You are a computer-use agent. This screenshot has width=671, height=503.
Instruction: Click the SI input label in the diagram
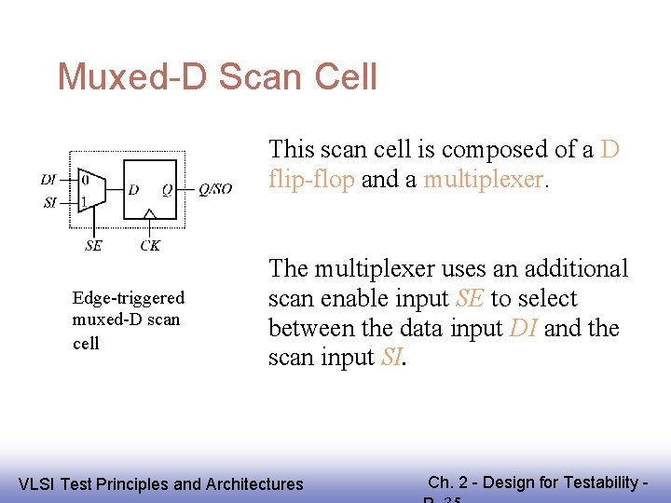tap(49, 202)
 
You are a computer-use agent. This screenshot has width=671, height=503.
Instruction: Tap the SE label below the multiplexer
tap(93, 246)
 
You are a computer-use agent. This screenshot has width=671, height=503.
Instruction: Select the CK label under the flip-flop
tap(149, 246)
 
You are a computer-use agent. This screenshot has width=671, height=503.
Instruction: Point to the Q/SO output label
tap(215, 189)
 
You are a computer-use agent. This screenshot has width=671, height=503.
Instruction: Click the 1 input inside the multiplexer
tap(85, 201)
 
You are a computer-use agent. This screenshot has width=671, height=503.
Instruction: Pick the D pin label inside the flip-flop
tap(134, 190)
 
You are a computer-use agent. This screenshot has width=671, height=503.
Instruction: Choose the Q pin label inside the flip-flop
tap(167, 190)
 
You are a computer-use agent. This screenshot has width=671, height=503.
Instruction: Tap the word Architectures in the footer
tap(254, 483)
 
